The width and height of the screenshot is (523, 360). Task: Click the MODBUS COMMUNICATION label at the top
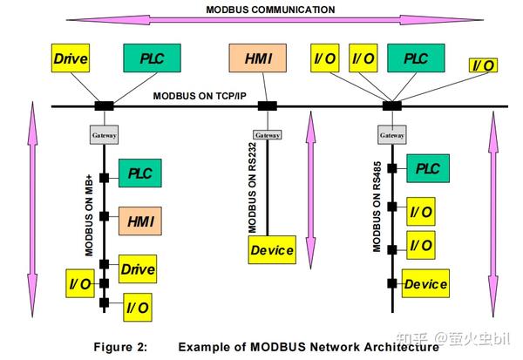(269, 10)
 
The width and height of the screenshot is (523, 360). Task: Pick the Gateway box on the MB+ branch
(105, 135)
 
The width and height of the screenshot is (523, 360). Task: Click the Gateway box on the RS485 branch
(391, 135)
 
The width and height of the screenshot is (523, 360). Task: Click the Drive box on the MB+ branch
(138, 269)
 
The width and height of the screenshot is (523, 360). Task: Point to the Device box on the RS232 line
(272, 250)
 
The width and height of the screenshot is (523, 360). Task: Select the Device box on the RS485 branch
(425, 284)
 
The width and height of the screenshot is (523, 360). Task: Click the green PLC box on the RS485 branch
(426, 168)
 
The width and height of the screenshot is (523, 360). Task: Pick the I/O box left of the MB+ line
(81, 283)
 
